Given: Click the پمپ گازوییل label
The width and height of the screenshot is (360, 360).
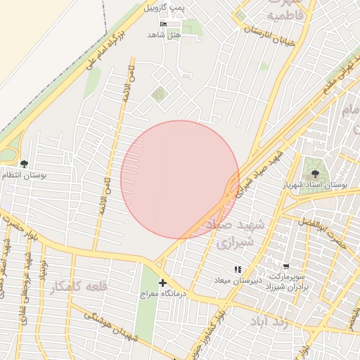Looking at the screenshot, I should point(163,8).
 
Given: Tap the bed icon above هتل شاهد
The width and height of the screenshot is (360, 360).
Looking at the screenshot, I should point(163,25).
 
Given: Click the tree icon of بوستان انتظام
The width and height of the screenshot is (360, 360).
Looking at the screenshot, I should point(25,164).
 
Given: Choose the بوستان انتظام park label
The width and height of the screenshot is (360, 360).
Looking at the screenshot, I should point(24,174).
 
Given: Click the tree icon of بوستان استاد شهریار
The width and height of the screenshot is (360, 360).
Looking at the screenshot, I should point(314,174).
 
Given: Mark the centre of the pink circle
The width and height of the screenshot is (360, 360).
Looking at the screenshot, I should point(180,179).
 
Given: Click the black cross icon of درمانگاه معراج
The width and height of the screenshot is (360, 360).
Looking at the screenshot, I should point(162,283).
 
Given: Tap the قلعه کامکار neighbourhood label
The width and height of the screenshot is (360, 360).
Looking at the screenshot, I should point(79,286).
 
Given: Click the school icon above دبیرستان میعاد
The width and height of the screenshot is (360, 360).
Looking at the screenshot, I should point(238,269).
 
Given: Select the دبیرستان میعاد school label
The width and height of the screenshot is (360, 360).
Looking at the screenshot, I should point(238,280).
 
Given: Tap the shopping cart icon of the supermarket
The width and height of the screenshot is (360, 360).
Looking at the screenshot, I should point(285,266).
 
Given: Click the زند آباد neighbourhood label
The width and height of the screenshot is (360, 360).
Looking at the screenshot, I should point(269,322).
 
